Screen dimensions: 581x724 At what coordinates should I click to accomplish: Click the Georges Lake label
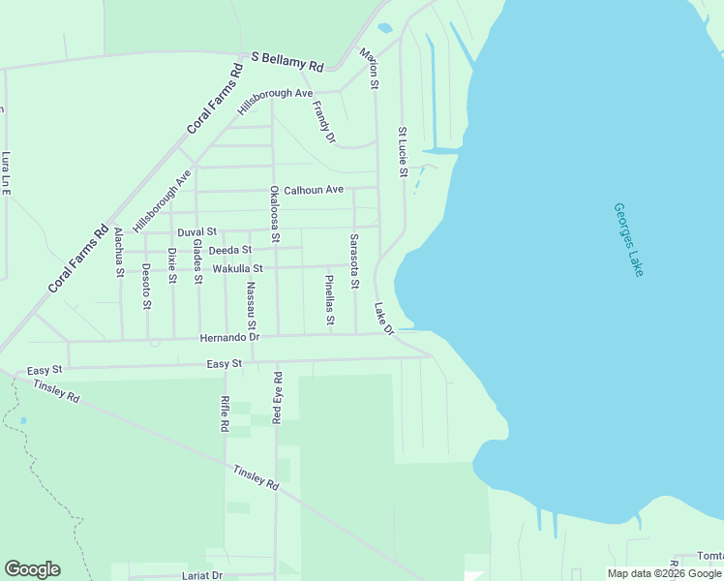(628, 240)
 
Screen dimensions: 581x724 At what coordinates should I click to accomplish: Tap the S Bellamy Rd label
(287, 61)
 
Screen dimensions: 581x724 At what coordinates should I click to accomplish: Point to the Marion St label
(369, 69)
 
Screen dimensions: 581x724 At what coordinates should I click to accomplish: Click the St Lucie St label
(403, 152)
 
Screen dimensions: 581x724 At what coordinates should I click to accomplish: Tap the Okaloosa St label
(275, 214)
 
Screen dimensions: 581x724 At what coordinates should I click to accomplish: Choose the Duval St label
(196, 233)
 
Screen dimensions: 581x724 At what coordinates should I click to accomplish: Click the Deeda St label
(230, 251)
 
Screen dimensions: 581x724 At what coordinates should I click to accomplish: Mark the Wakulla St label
(237, 268)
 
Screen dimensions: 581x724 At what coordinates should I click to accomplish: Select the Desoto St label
(146, 287)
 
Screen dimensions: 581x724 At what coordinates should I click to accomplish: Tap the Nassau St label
(251, 305)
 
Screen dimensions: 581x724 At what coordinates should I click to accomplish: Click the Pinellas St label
(329, 299)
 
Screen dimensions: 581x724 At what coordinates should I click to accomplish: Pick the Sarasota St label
(354, 261)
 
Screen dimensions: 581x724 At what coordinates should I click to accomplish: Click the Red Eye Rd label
(277, 398)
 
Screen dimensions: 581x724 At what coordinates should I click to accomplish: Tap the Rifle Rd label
(225, 413)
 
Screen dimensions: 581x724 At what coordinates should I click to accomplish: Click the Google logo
(32, 569)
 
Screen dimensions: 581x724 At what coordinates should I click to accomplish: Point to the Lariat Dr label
(203, 575)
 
